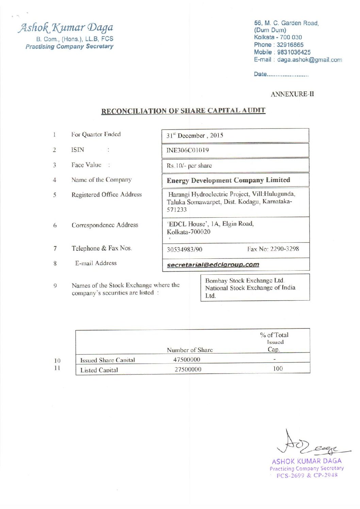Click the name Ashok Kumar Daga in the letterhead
point(66,28)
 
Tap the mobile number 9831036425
point(294,52)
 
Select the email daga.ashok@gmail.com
point(309,60)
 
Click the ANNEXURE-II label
point(292,94)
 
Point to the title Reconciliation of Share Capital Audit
point(183,111)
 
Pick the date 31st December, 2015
point(195,136)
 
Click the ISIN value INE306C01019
point(187,150)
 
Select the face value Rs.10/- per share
point(189,166)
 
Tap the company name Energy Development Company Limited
point(228,180)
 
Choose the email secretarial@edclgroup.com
point(213,265)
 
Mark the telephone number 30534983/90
point(184,249)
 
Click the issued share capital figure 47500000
point(186,359)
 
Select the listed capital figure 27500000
point(188,369)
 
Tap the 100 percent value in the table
point(278,369)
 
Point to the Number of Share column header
point(190,350)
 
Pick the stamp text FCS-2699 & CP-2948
point(307,475)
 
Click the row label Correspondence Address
point(105,225)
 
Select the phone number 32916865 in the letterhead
point(290,45)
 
